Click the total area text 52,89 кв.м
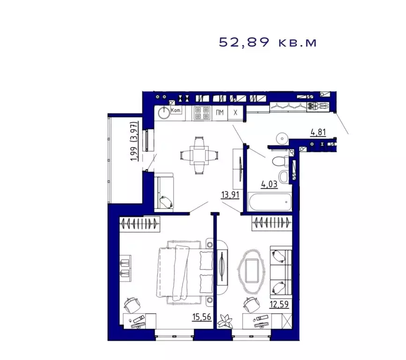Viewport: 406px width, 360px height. (268, 43)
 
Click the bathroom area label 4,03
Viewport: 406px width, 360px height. (269, 184)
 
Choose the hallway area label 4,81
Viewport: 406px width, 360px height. (318, 132)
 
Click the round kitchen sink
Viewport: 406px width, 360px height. (163, 112)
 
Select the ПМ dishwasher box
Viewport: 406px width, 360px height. (219, 112)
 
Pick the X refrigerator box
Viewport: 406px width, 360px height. (236, 112)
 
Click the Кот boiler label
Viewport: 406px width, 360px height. (176, 110)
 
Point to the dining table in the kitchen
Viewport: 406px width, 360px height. (199, 154)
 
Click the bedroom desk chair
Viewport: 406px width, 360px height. (132, 305)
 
